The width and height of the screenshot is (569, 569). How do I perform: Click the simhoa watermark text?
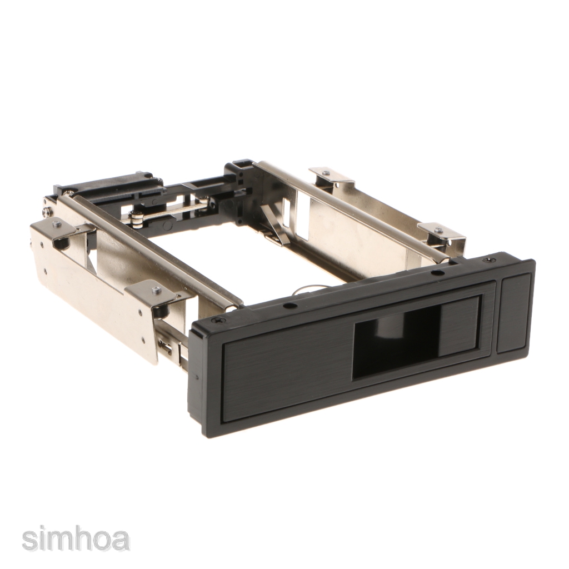tap(76, 540)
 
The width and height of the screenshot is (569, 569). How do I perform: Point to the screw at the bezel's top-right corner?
tap(489, 259)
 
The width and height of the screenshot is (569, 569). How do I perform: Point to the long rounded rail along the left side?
tap(156, 250)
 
